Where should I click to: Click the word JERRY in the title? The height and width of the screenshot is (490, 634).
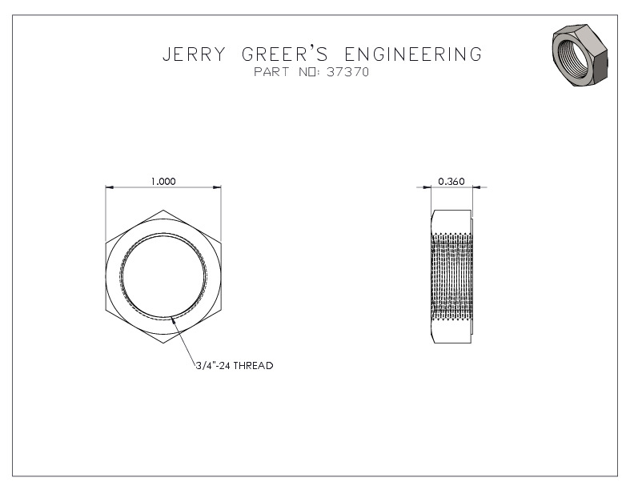194,54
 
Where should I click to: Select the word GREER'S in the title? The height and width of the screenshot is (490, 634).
285,54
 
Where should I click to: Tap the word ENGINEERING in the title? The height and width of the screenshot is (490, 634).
413,54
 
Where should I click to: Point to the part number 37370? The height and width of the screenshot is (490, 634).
347,72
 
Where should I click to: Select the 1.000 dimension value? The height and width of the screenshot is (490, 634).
163,181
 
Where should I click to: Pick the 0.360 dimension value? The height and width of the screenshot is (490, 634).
451,181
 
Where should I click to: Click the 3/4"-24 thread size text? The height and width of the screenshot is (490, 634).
214,365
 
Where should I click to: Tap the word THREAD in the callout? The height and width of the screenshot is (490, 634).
254,365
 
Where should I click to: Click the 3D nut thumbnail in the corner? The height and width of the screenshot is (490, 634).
580,55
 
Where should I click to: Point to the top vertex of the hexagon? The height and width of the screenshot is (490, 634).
163,211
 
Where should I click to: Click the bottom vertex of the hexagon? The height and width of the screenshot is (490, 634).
163,344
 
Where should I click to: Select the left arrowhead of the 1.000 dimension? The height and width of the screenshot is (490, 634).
109,187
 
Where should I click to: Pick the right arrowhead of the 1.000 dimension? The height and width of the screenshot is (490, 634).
217,187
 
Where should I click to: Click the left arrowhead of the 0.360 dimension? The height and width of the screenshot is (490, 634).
427,187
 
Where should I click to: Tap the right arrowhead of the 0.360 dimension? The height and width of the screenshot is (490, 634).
477,187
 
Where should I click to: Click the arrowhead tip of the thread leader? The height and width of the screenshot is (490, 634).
172,317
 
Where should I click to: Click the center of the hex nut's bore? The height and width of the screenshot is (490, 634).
163,276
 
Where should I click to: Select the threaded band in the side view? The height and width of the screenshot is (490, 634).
451,276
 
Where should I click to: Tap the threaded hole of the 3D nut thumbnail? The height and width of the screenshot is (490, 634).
572,54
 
